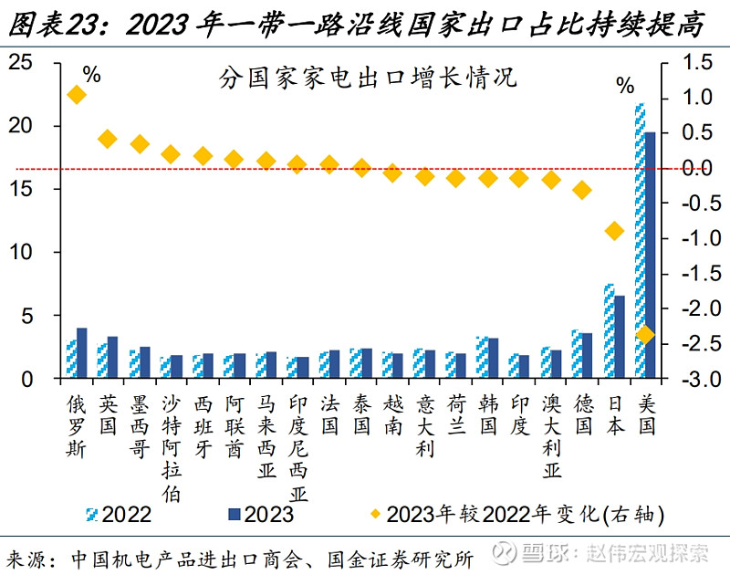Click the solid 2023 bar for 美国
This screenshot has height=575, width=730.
650,256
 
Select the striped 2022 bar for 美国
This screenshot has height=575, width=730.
639,242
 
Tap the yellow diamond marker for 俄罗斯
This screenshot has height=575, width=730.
77,95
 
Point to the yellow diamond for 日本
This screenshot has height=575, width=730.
614,231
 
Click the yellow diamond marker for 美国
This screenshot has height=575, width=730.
645,335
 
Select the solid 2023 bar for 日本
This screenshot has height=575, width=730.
619,337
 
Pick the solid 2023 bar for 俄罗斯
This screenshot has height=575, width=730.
82,353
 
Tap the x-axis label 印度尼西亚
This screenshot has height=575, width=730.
297,447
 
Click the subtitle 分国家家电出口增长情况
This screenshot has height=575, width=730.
368,77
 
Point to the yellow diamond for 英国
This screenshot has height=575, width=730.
108,139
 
